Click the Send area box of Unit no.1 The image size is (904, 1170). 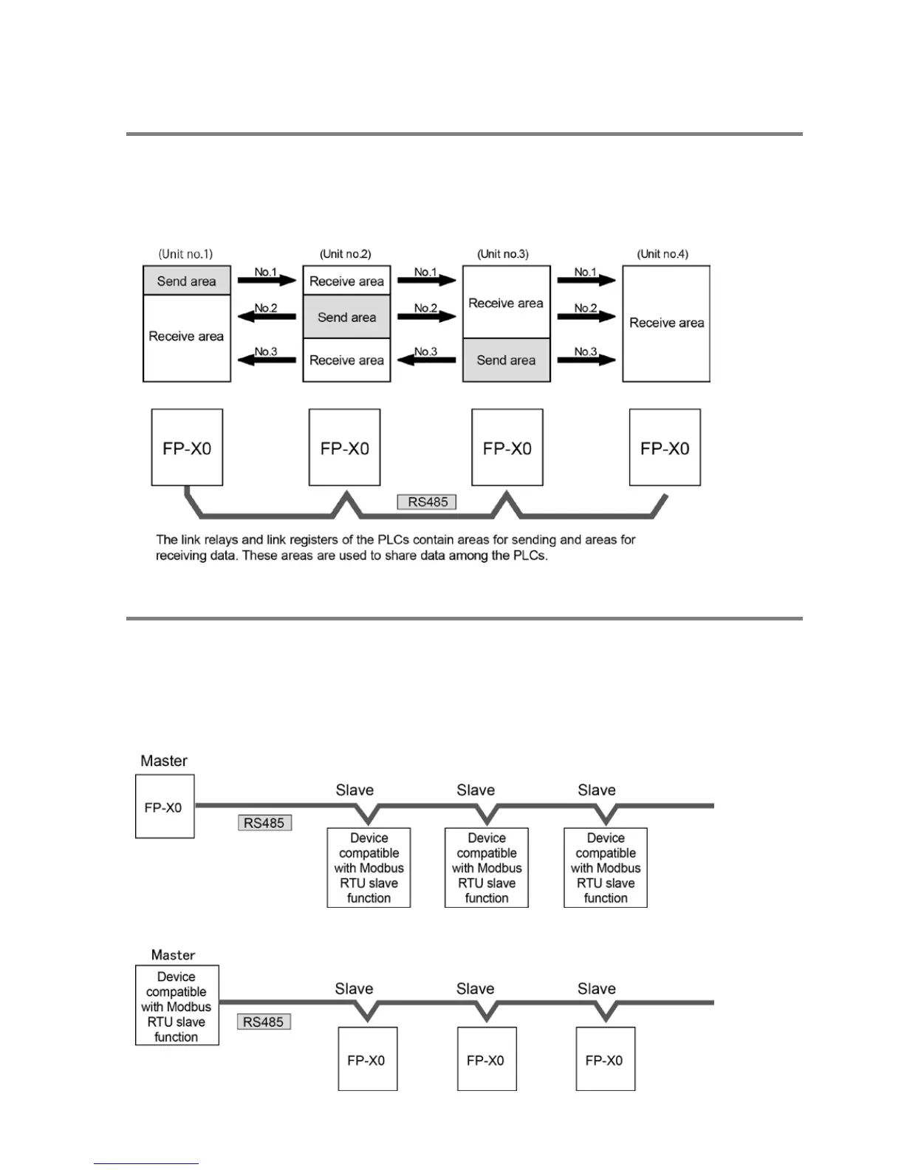[x=187, y=281]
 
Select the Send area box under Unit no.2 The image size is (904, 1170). [x=346, y=317]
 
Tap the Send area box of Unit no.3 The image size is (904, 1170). [x=506, y=360]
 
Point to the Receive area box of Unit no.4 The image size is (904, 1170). [x=666, y=324]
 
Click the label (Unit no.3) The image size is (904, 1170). [x=503, y=254]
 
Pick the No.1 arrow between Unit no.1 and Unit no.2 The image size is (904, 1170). [x=267, y=280]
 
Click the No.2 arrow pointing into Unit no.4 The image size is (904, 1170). [x=586, y=316]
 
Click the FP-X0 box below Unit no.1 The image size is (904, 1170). [x=187, y=448]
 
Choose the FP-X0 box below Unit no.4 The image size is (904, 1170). [x=665, y=448]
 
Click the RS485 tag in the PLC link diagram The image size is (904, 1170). [x=428, y=502]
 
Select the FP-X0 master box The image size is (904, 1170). [x=165, y=807]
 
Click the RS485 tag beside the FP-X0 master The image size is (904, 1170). [x=264, y=823]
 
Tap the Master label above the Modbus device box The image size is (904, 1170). [x=173, y=955]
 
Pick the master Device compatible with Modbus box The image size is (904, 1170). [x=177, y=1005]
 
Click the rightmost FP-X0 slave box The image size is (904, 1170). [x=605, y=1059]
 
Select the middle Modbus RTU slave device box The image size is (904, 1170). [x=487, y=868]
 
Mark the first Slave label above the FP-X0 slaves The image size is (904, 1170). [x=354, y=989]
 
